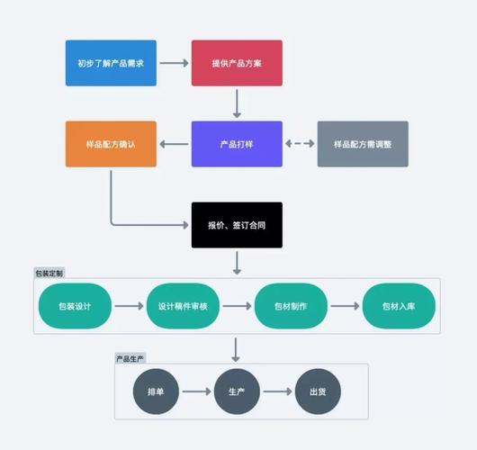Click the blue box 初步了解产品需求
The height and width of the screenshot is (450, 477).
111,63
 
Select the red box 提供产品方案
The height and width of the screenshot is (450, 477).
237,63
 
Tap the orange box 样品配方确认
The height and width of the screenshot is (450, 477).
111,144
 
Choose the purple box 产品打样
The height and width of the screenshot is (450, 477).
237,144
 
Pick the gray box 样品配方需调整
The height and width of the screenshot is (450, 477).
363,144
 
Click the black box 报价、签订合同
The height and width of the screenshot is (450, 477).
237,225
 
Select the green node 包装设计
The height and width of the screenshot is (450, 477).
75,306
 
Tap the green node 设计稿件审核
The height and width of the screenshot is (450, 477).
183,306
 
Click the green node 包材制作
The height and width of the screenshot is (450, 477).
291,306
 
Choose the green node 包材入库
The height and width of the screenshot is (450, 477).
399,306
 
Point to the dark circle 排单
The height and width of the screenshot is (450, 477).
156,391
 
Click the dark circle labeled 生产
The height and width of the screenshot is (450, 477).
237,391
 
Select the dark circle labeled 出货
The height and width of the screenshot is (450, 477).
318,391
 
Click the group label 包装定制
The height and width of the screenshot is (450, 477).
49,273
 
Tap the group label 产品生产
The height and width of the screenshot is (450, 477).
130,358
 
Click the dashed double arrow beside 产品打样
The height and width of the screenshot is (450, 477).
300,144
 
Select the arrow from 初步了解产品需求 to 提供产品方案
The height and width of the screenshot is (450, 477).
174,63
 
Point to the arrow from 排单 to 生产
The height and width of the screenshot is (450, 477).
196,391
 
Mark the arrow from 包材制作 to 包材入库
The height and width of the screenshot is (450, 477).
345,306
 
